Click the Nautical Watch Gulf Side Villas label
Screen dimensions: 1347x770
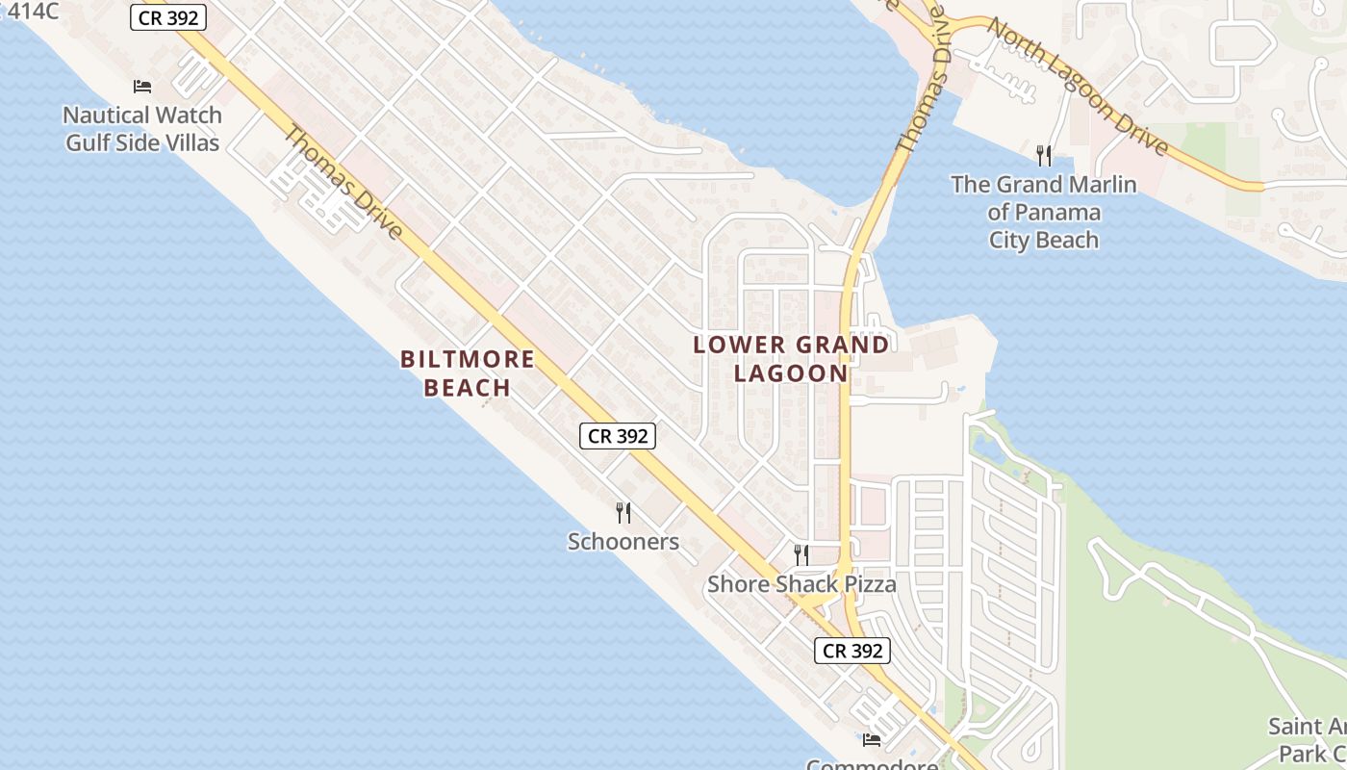tap(142, 129)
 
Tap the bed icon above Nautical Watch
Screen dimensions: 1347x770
tap(142, 86)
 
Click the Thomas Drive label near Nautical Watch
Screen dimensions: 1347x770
tap(343, 184)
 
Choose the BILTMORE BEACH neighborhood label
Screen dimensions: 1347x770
tap(468, 373)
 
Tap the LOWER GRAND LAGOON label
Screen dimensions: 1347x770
tap(791, 358)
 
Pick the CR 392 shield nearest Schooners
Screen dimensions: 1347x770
tap(618, 436)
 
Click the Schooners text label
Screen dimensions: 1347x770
tap(623, 542)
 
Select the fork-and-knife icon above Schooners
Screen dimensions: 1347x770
tap(623, 512)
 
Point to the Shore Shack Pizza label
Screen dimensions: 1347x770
tap(801, 584)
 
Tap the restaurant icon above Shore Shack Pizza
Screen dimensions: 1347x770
tap(801, 554)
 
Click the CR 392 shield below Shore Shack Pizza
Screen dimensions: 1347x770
tap(853, 651)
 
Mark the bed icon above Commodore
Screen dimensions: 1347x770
tap(872, 739)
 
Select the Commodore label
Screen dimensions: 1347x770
tap(872, 764)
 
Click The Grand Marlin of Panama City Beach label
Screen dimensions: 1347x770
tap(1044, 212)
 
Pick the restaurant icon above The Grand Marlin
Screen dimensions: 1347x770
tap(1044, 154)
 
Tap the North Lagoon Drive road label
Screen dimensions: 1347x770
tap(1078, 87)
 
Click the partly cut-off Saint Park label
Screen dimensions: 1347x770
tap(1309, 739)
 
